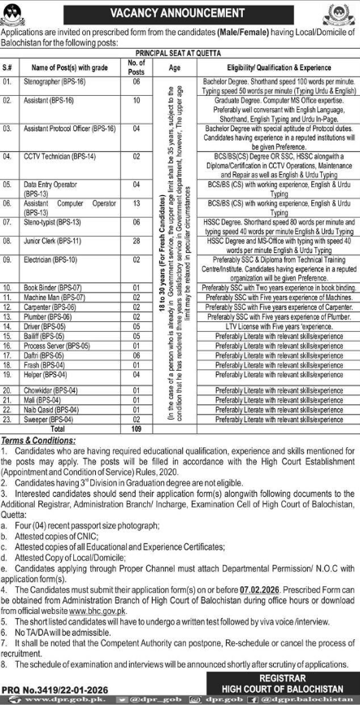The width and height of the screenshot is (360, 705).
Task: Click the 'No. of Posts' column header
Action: [137, 67]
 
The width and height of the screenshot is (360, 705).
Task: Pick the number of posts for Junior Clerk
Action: [137, 242]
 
